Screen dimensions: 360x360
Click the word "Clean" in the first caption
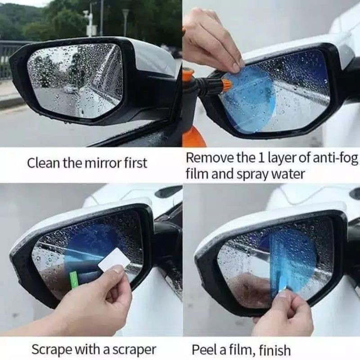pos(43,163)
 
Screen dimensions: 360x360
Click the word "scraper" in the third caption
pos(135,350)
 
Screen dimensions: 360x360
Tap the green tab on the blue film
pos(74,279)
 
